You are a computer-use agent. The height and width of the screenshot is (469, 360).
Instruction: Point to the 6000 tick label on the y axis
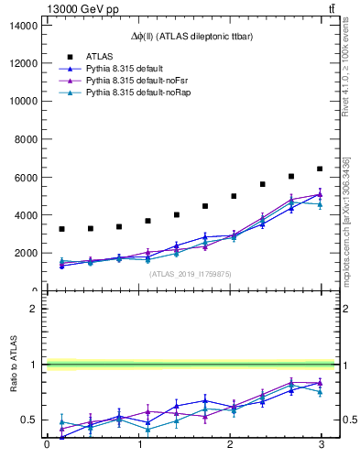(27, 177)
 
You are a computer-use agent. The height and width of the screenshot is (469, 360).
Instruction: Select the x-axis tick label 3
(320, 445)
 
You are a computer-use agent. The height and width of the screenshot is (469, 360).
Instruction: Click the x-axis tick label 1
(138, 445)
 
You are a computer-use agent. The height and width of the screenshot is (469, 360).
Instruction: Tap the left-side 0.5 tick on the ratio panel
(32, 420)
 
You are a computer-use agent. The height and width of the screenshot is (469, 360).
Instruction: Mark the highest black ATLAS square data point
(320, 169)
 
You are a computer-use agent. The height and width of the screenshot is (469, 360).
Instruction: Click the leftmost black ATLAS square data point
(61, 229)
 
